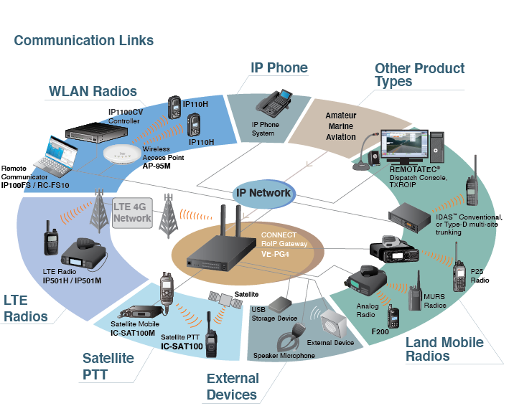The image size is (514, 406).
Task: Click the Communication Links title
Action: [x=84, y=40]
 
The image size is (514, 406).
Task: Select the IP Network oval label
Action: [x=263, y=192]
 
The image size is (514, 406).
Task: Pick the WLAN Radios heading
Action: [x=93, y=91]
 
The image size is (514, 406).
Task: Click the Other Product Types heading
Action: [x=419, y=75]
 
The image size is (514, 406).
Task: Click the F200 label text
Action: [x=380, y=332]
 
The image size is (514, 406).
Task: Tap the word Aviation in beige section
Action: [x=340, y=137]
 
